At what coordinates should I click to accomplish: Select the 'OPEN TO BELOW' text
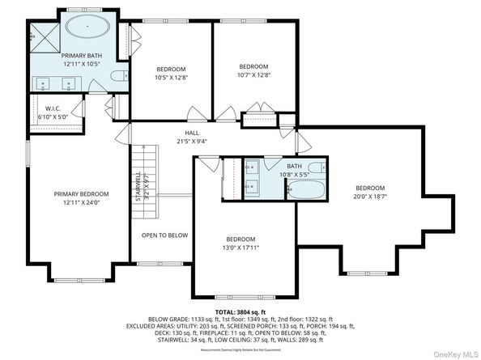point(165,235)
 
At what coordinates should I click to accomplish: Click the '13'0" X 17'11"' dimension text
point(241,248)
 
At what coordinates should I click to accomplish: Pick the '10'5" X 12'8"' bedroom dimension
point(171,78)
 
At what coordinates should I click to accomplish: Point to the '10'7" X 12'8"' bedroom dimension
point(253,75)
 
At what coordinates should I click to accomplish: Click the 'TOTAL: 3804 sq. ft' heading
point(240,311)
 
